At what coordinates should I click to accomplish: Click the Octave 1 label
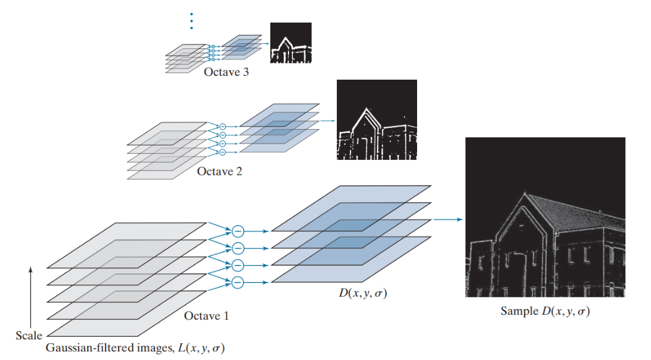(x=206, y=315)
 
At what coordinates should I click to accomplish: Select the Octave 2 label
(x=220, y=171)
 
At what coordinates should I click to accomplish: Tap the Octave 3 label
(x=226, y=72)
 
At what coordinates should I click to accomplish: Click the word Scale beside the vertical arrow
(x=29, y=336)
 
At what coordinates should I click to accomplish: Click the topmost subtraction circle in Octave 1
(x=238, y=231)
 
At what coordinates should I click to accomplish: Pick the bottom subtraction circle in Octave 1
(x=238, y=283)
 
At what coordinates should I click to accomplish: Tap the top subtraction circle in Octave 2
(x=221, y=127)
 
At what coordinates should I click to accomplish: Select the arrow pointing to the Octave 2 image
(x=327, y=121)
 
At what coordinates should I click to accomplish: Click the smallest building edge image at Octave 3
(x=290, y=43)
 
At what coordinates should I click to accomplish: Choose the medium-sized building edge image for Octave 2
(x=376, y=120)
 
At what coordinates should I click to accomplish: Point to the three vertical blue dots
(x=191, y=21)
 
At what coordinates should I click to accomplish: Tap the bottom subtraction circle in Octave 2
(x=221, y=152)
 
